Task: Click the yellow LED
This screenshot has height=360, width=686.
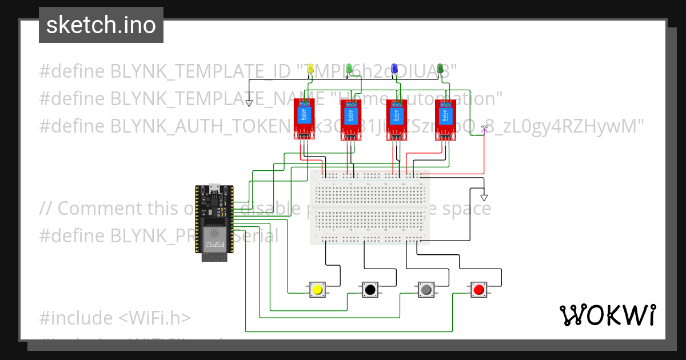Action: click(x=311, y=69)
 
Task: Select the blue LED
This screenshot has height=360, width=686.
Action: click(x=394, y=69)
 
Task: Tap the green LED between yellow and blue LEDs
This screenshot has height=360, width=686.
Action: click(x=349, y=69)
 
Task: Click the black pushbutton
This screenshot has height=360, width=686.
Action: click(x=370, y=290)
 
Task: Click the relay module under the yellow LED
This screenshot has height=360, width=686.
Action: click(x=304, y=118)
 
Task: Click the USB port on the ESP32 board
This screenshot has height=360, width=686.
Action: click(x=214, y=187)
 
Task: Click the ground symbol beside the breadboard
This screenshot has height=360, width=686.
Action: click(x=484, y=197)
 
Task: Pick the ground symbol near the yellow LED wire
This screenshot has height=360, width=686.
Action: click(x=249, y=103)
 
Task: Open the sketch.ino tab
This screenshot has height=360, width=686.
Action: click(x=101, y=25)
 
